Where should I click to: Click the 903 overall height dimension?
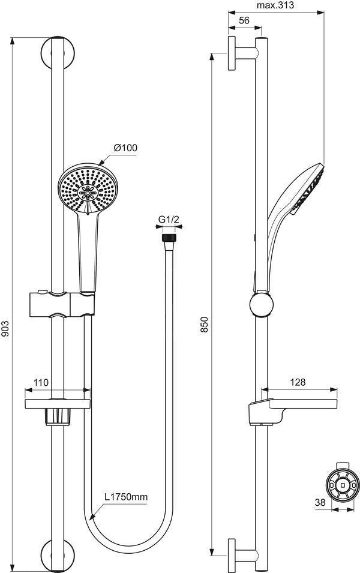tap(5, 334)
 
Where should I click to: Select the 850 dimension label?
tap(205, 325)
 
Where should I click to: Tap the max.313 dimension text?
tap(275, 5)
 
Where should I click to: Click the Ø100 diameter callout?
tap(125, 148)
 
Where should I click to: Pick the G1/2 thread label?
tap(169, 219)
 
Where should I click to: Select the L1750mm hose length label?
tap(126, 497)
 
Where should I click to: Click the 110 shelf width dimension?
tap(41, 382)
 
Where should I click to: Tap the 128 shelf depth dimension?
tap(298, 382)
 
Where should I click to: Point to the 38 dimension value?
tap(320, 502)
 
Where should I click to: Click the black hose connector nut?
tap(169, 238)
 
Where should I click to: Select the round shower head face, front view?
tap(88, 189)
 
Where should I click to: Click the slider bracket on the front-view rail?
tap(62, 304)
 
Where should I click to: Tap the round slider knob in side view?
tap(262, 304)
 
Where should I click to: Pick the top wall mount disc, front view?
tap(58, 52)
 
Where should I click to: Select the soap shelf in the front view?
tap(58, 404)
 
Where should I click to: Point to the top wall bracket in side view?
tap(243, 53)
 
